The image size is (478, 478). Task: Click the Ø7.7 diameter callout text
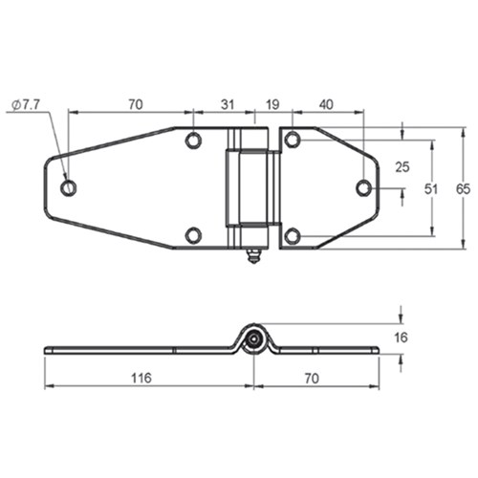click(27, 104)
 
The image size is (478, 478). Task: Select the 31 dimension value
click(228, 104)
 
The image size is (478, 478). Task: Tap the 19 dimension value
click(272, 104)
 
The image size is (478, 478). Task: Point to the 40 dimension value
click(326, 104)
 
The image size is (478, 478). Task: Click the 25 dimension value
click(402, 167)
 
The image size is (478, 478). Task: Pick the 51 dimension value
click(431, 189)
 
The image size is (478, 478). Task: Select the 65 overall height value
click(463, 189)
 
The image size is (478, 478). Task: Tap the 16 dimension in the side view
click(401, 337)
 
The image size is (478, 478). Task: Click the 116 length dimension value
click(141, 379)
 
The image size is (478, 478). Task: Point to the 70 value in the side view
click(312, 379)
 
